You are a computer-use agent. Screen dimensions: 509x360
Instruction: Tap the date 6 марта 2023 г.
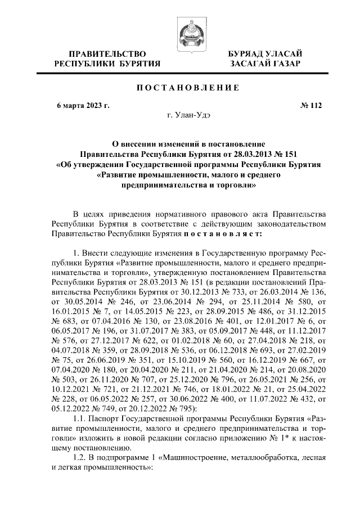click(79, 105)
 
